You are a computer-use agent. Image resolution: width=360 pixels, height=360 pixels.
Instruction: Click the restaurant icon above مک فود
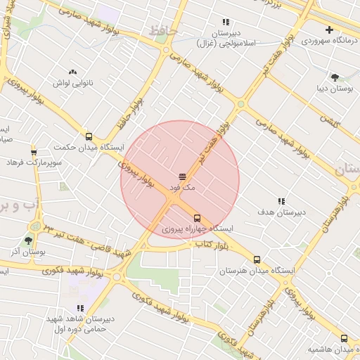(181, 176)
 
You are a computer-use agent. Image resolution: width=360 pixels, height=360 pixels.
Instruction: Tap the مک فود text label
(181, 188)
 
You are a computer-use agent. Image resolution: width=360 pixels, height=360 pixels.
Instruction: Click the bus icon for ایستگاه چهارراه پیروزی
(197, 218)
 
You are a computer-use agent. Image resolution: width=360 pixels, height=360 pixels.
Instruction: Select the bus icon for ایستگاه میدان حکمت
(89, 137)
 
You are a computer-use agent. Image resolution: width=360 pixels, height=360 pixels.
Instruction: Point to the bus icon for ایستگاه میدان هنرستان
(257, 259)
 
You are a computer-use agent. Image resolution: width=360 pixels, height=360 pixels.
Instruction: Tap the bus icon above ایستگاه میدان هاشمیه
(345, 338)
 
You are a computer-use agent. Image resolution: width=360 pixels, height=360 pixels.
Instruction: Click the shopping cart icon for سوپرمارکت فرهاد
(34, 152)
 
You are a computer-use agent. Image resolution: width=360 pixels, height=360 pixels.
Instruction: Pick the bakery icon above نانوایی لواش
(72, 72)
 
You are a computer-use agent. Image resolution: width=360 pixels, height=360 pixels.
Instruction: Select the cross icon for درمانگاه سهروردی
(329, 30)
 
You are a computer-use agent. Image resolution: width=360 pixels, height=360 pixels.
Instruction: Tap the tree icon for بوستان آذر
(28, 240)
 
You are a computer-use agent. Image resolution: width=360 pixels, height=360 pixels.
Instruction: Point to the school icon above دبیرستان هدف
(282, 201)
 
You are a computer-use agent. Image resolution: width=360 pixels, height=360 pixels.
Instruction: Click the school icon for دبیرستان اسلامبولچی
(226, 22)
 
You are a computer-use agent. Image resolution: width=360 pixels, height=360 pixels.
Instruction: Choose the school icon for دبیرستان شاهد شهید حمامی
(80, 308)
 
